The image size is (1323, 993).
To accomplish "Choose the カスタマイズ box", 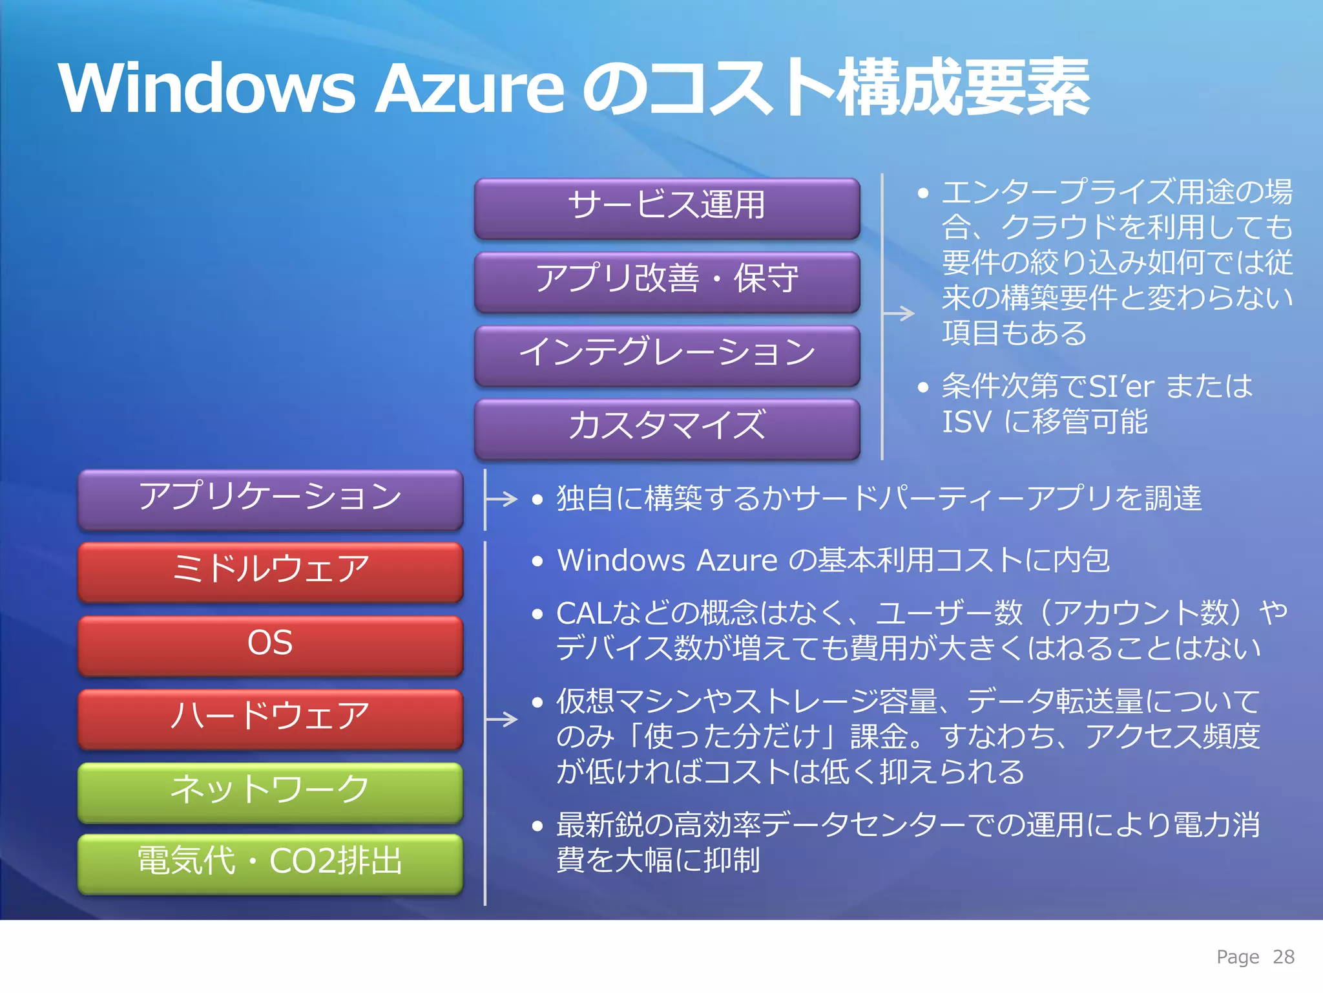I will [667, 427].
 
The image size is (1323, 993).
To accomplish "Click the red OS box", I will [270, 645].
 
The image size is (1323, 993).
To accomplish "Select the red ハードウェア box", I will [270, 718].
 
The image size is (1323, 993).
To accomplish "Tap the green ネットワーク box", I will [270, 791].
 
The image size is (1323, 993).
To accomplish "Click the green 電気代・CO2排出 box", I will [270, 863].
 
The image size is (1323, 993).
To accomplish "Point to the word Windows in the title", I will [207, 89].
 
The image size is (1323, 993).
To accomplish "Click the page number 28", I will [1283, 957].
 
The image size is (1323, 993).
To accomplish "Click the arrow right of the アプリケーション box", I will [502, 498].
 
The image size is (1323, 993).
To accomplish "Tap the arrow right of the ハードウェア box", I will [502, 719].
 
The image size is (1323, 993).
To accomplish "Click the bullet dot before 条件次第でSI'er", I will [922, 387].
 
